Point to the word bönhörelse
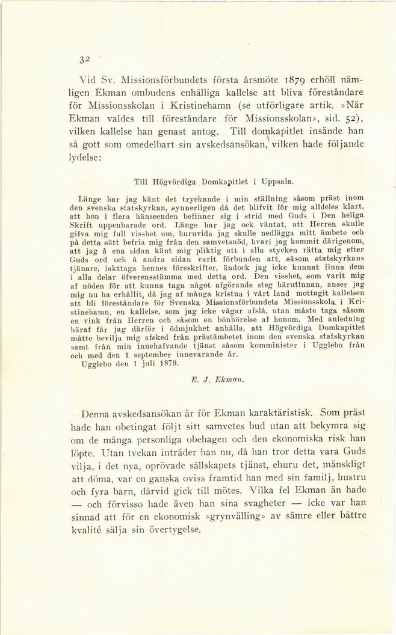tap(176, 325)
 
